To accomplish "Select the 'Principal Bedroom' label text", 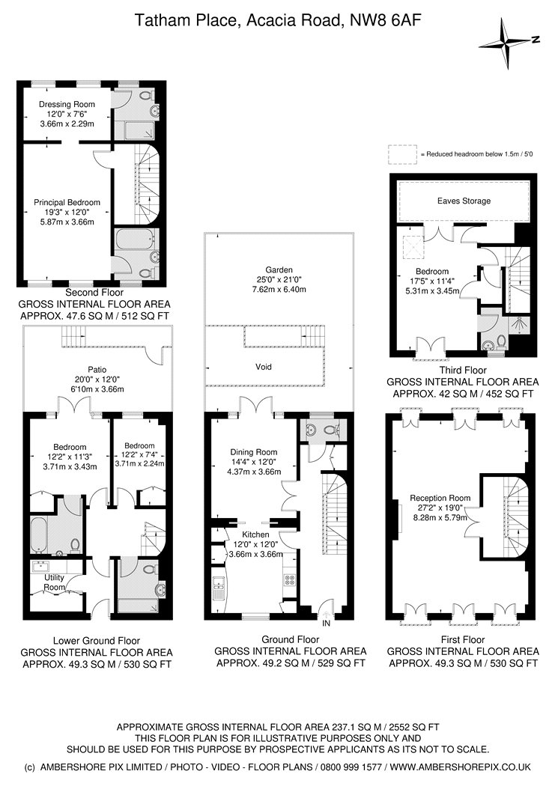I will [x=66, y=202].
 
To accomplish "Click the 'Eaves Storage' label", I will [x=464, y=201].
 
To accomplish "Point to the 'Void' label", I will [x=261, y=367].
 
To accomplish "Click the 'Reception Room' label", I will [x=439, y=498].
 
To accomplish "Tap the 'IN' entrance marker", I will [x=326, y=623].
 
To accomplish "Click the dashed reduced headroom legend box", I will [x=402, y=153].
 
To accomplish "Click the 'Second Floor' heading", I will [x=94, y=292].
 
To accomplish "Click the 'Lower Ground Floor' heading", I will [x=97, y=641].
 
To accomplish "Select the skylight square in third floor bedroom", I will [x=413, y=243].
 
